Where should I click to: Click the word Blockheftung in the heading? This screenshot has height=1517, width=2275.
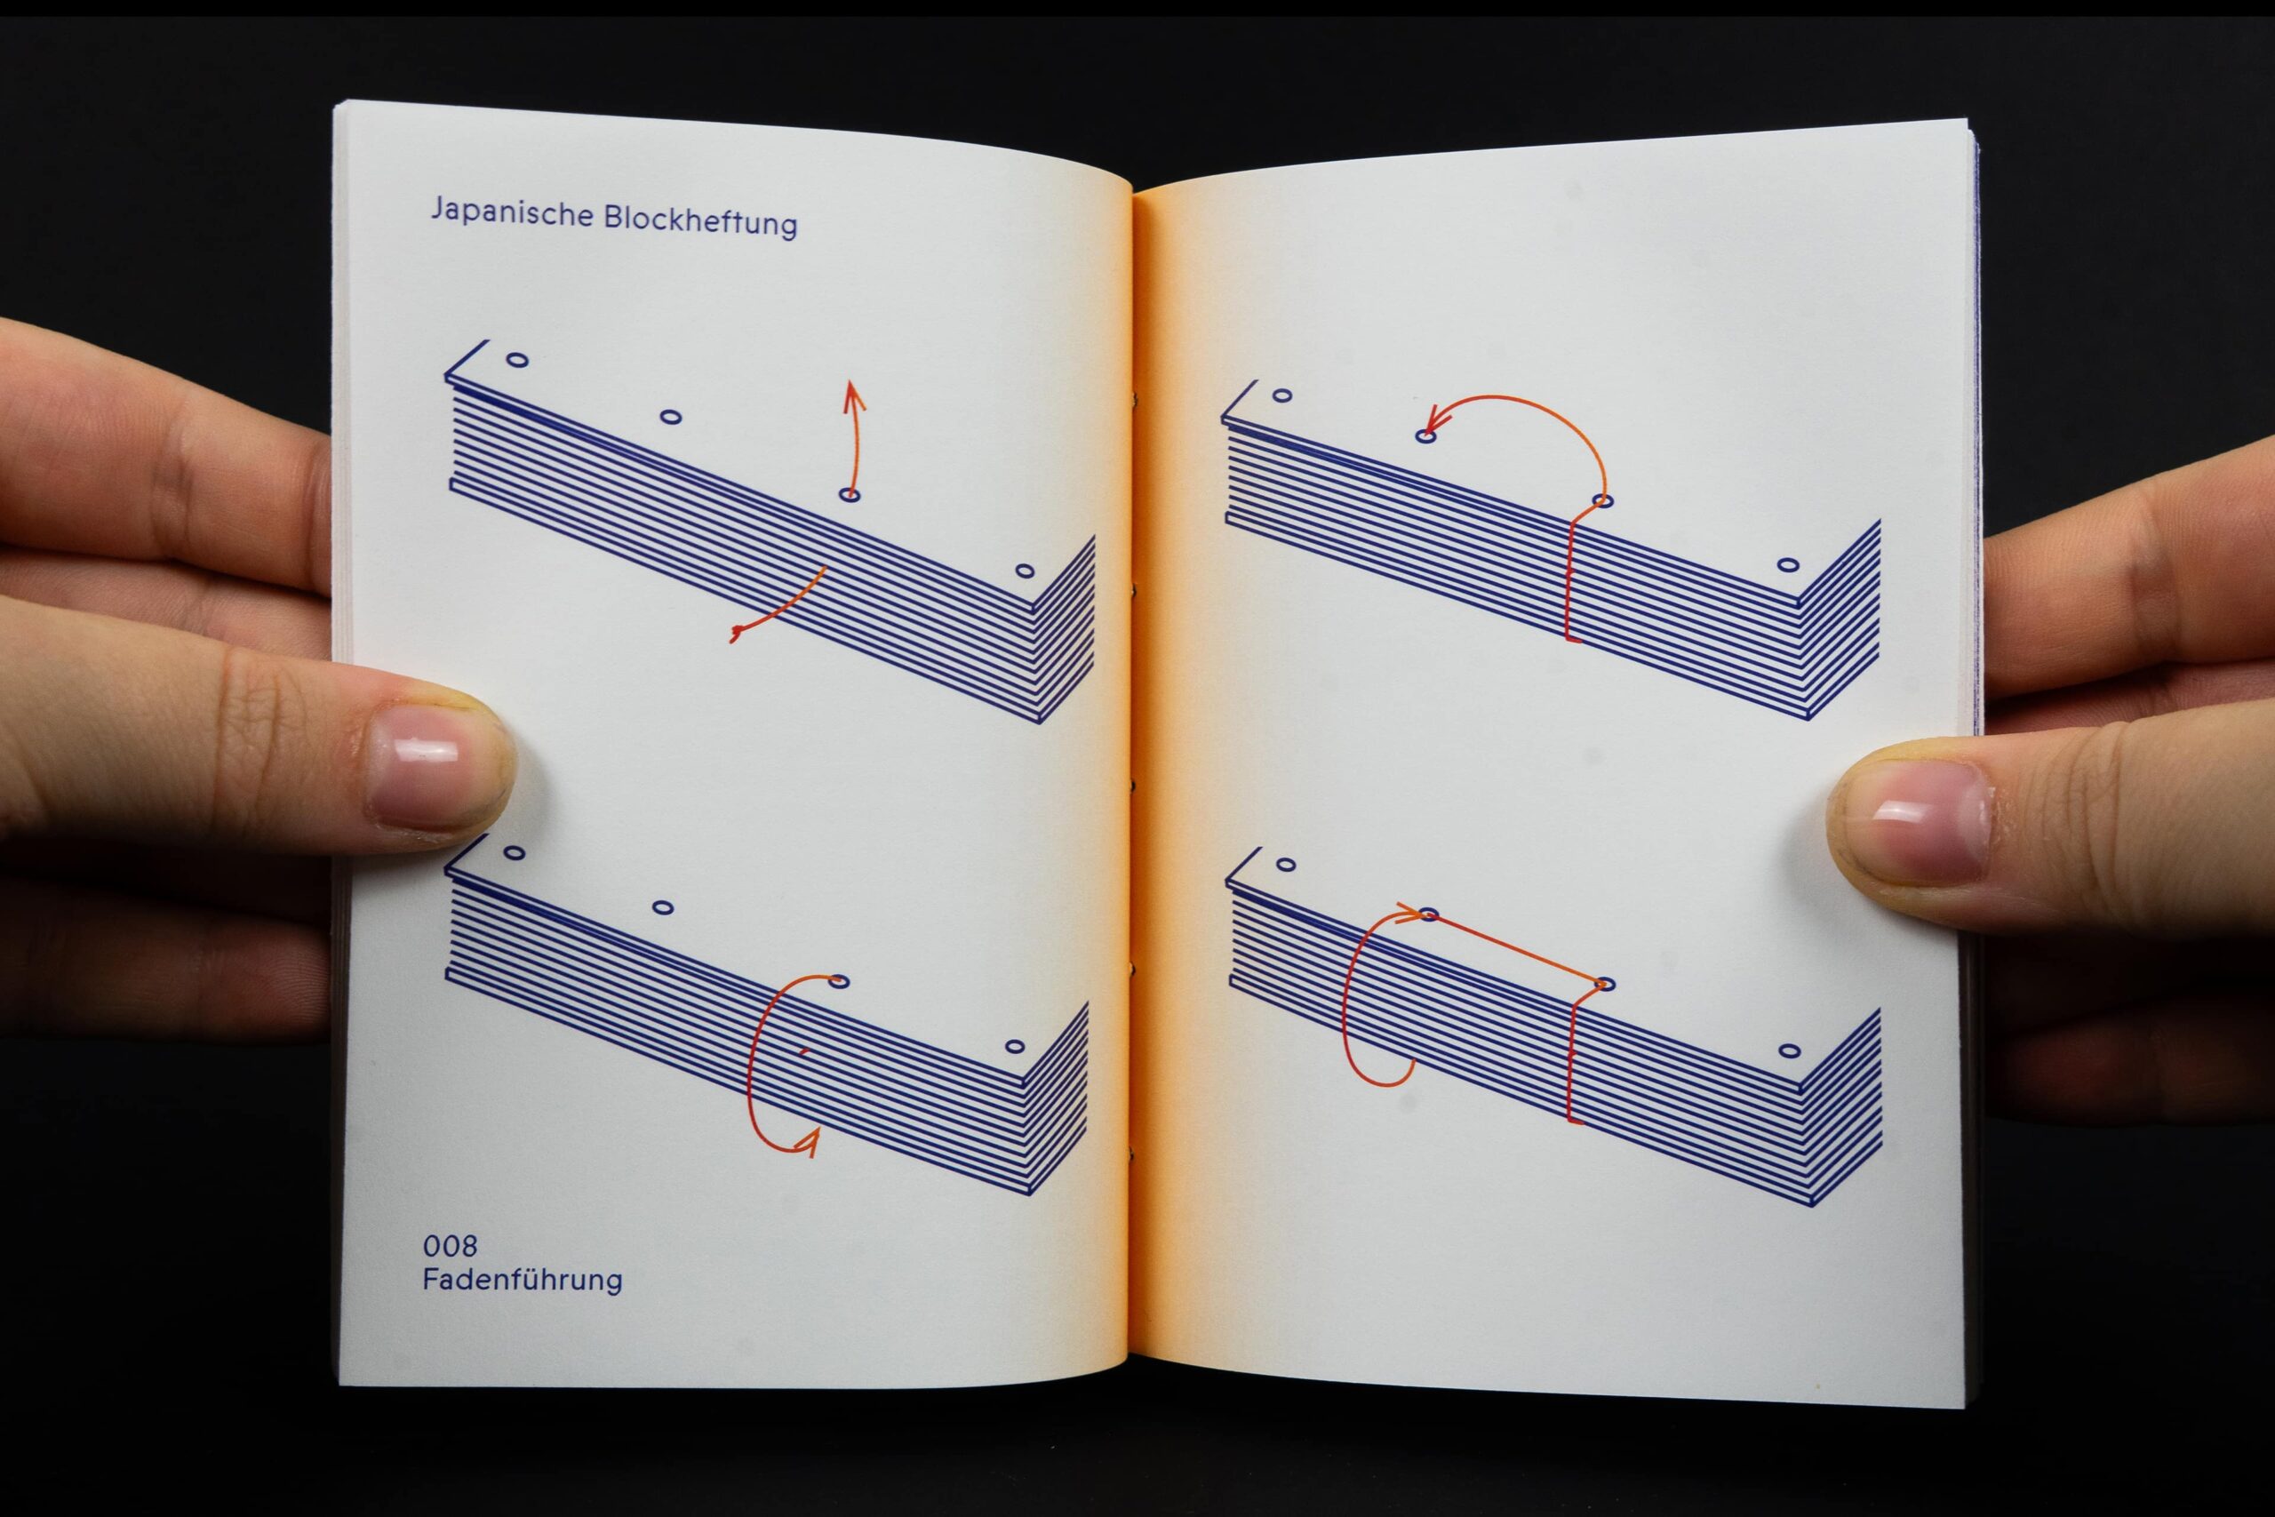click(x=700, y=220)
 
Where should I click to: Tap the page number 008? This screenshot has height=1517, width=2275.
click(x=450, y=1245)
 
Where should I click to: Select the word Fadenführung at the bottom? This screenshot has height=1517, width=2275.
click(x=523, y=1280)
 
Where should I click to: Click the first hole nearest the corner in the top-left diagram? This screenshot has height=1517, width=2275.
click(x=517, y=360)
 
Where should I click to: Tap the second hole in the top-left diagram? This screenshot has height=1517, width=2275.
click(x=670, y=417)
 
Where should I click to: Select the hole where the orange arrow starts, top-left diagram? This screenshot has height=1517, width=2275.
click(x=850, y=495)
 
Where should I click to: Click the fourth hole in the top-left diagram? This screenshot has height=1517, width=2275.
click(x=1026, y=571)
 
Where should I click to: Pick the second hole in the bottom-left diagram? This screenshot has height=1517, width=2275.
click(x=663, y=907)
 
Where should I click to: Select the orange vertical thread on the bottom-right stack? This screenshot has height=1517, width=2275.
click(x=1570, y=1060)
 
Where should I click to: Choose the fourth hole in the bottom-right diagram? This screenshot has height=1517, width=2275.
click(x=1790, y=1050)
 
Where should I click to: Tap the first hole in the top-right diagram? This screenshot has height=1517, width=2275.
click(x=1282, y=395)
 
